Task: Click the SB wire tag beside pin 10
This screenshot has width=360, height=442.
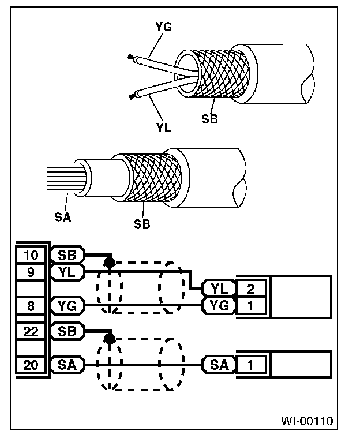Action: (67, 254)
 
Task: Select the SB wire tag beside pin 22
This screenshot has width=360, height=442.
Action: (67, 331)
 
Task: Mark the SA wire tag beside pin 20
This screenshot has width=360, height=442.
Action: (67, 365)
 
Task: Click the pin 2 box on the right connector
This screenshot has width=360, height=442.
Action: (252, 288)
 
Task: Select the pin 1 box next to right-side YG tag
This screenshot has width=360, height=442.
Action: (252, 305)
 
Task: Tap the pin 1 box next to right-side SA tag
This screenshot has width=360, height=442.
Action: (252, 365)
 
